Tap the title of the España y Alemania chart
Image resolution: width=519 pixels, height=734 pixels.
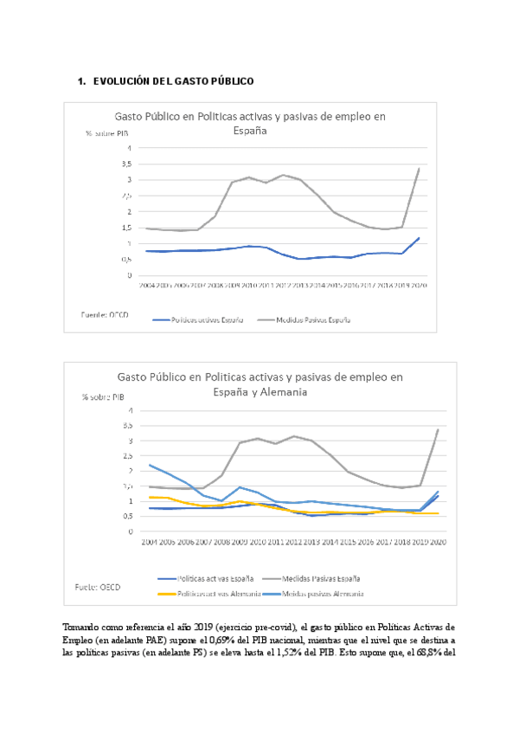pos(259,383)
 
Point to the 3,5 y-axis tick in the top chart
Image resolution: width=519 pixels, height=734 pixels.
pos(126,164)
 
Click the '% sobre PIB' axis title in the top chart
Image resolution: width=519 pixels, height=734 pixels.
pos(106,133)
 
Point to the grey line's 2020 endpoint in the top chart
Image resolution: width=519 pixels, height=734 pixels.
pos(420,169)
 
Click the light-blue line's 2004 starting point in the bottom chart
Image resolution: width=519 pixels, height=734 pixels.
pos(151,465)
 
